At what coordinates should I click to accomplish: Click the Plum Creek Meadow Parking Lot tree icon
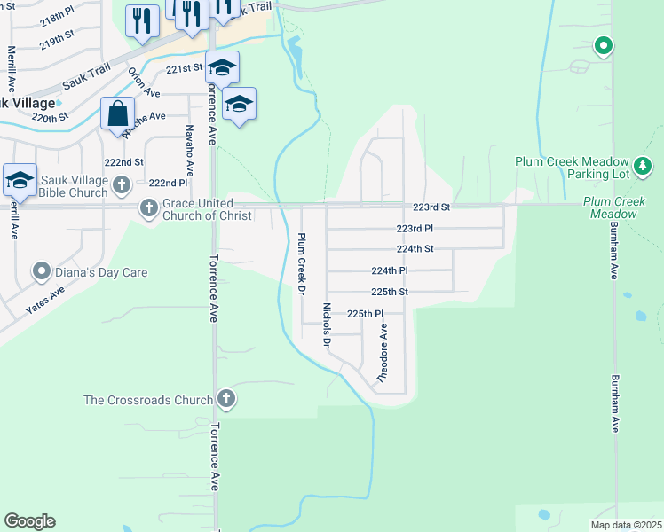point(643,165)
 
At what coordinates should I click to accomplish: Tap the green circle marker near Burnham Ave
point(604,45)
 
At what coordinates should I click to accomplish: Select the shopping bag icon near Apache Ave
point(117,114)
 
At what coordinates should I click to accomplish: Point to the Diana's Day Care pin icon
point(41,271)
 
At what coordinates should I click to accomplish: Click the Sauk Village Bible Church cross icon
point(122,185)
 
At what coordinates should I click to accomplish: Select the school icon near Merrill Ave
point(20,180)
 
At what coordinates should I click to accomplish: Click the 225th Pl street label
point(365,314)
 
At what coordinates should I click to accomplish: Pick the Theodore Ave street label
point(383,352)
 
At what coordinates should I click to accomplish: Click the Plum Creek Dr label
point(301,264)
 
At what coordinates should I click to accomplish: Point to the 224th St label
point(415,249)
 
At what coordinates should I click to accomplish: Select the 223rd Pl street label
point(415,229)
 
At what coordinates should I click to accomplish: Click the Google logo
point(29,521)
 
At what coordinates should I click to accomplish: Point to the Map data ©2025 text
point(626,525)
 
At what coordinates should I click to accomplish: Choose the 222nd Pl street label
point(168,183)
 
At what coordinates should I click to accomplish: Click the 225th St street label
point(389,292)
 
